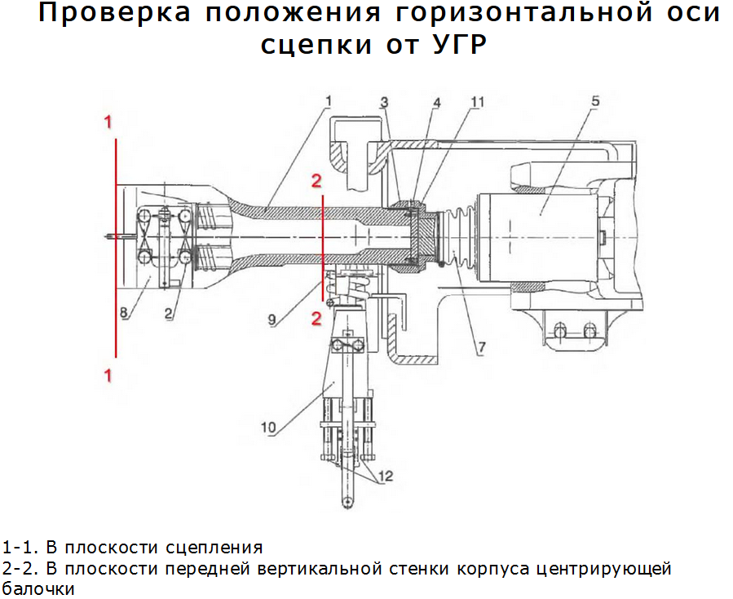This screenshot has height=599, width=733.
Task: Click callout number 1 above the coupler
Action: (328, 102)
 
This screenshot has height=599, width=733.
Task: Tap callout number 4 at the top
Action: (436, 103)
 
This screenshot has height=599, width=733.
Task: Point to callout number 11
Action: (477, 102)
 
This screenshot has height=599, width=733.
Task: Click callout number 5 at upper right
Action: (595, 101)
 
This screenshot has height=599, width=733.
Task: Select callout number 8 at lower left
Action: (124, 312)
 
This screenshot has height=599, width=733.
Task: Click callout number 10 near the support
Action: (270, 425)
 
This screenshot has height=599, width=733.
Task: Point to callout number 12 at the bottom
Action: (386, 477)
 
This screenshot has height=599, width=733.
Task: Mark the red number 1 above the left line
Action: (107, 122)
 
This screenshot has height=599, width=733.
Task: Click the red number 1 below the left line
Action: (107, 376)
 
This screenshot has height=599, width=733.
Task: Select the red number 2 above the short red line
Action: (316, 179)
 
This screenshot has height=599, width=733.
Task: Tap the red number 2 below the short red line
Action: (316, 319)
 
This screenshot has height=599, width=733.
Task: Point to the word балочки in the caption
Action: (38, 588)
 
